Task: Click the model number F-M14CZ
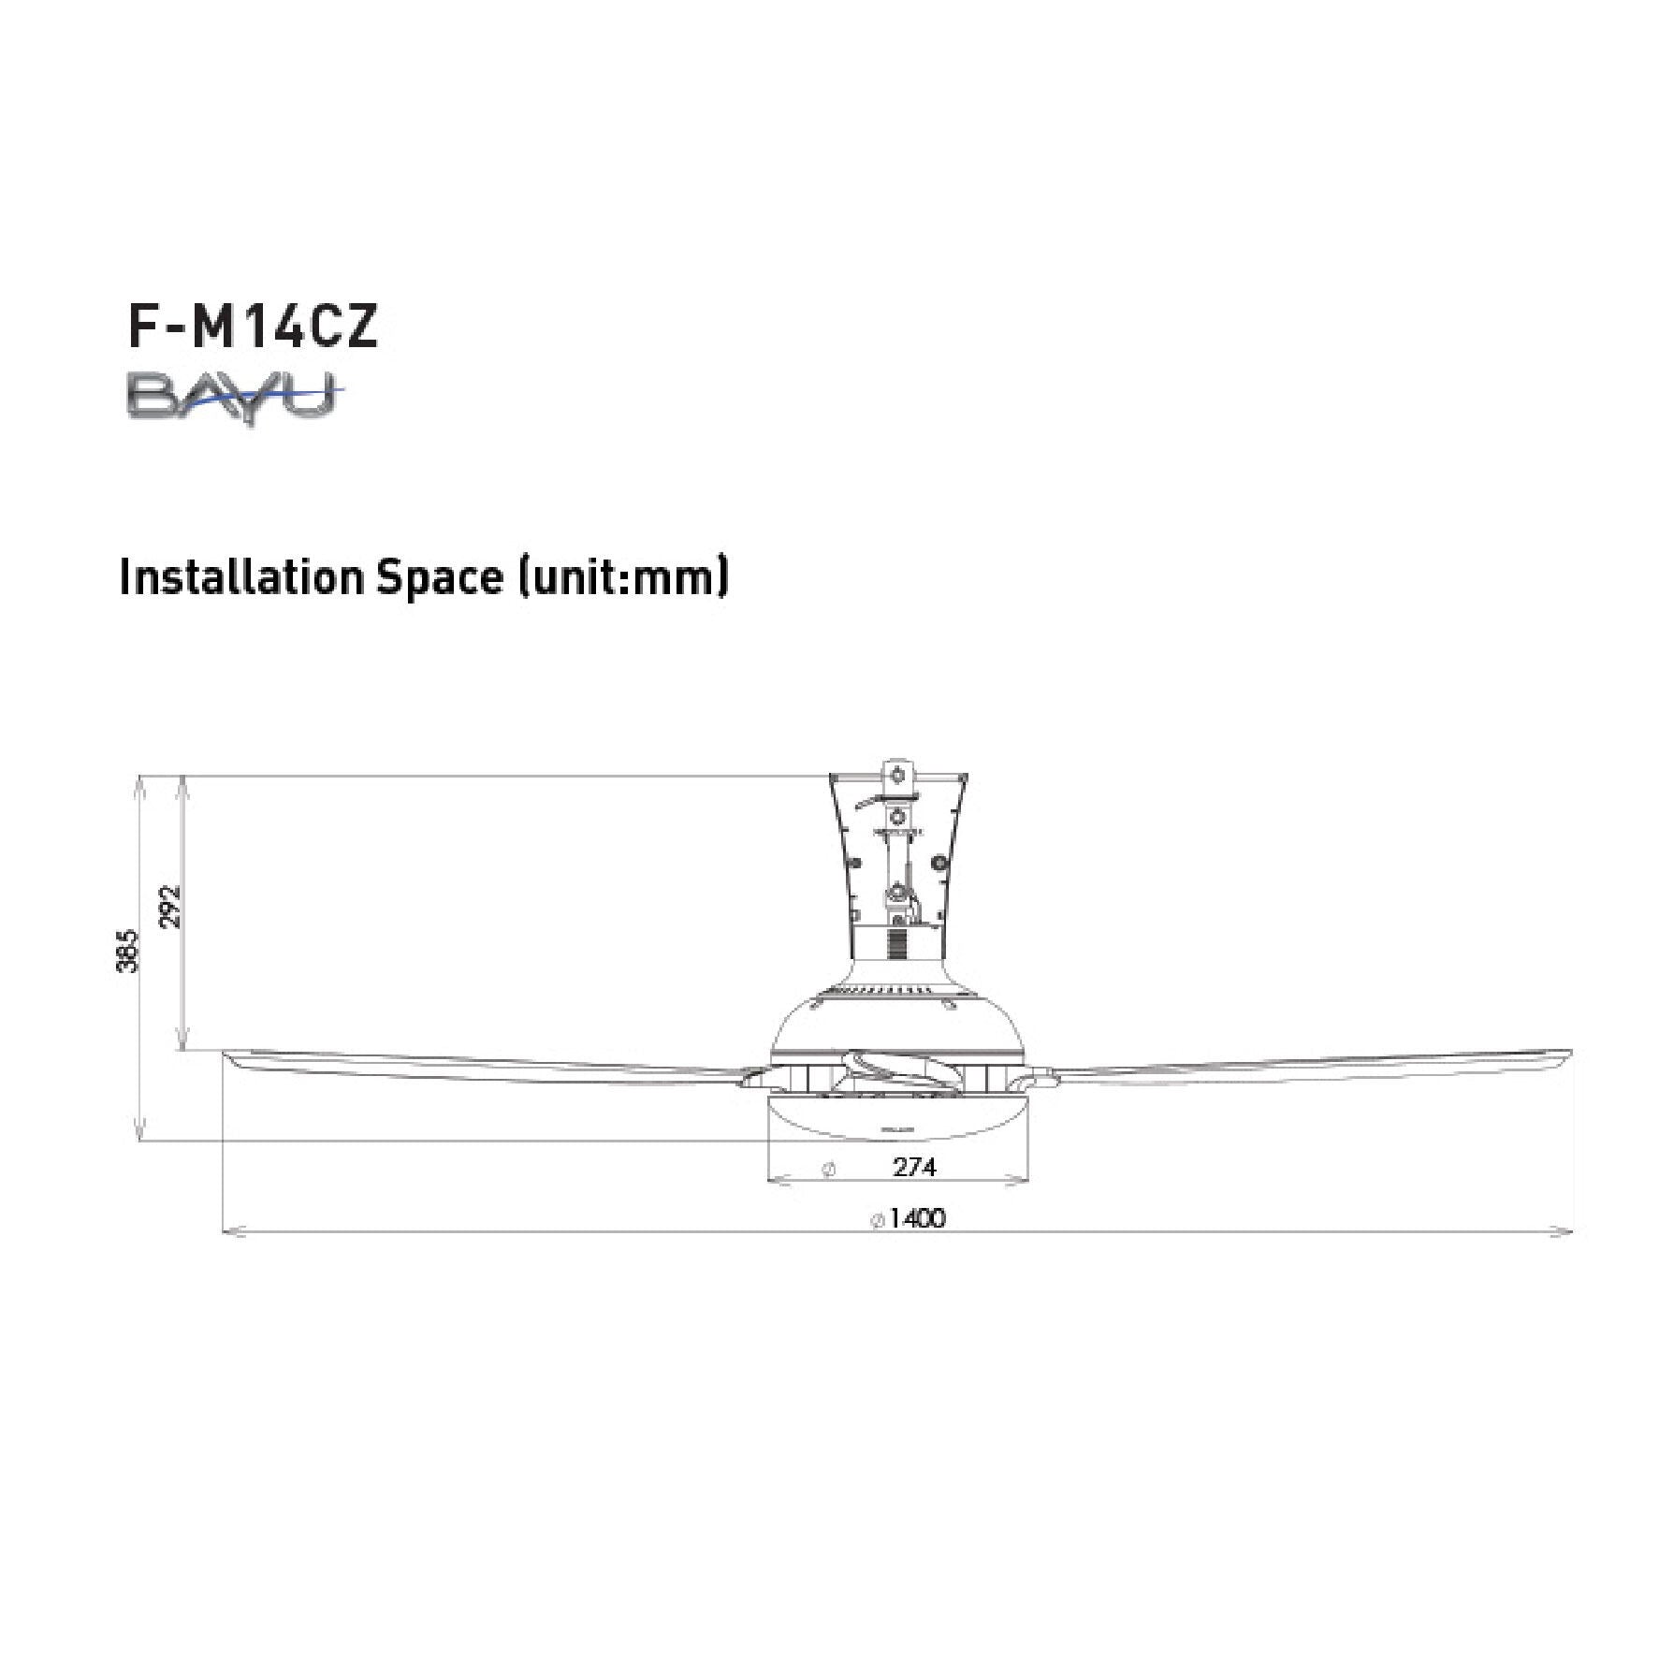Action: pyautogui.click(x=253, y=327)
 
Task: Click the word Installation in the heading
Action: pyautogui.click(x=240, y=577)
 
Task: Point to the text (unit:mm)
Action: pyautogui.click(x=622, y=578)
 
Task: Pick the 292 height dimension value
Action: pyautogui.click(x=170, y=907)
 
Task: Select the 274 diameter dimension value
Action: pyautogui.click(x=914, y=1167)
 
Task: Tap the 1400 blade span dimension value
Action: pyautogui.click(x=917, y=1217)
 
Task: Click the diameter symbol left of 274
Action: pyautogui.click(x=827, y=1169)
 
